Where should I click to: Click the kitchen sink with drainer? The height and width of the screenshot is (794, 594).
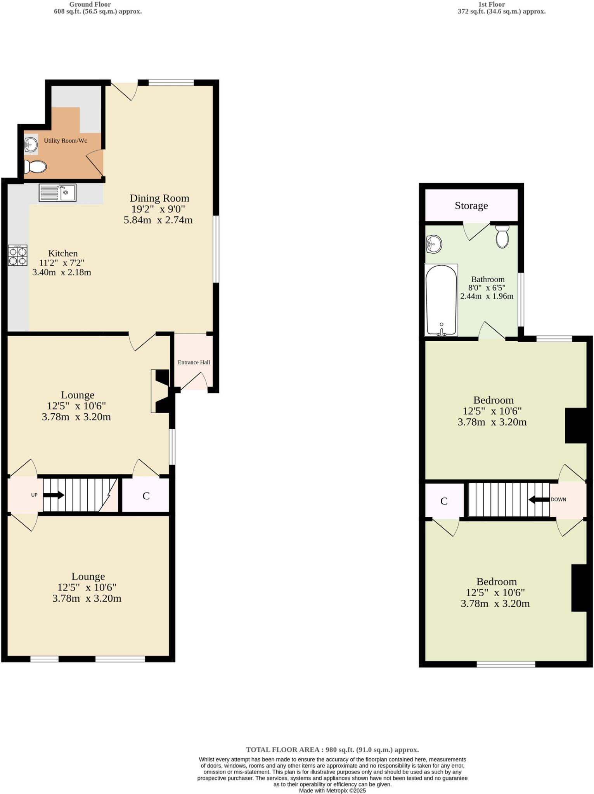(x=57, y=193)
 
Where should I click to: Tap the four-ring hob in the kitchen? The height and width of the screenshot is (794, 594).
(x=18, y=255)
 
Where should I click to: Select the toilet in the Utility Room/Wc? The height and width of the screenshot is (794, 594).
(x=35, y=167)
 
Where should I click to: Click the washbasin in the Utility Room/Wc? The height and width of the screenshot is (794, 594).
(x=31, y=145)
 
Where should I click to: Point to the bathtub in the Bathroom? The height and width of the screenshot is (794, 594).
(x=441, y=300)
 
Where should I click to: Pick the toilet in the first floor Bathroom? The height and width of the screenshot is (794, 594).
(x=502, y=237)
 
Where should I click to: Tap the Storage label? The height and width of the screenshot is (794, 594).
(x=471, y=205)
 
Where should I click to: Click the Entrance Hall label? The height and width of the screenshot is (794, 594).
(x=194, y=362)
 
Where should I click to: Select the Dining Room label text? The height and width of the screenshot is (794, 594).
(x=159, y=198)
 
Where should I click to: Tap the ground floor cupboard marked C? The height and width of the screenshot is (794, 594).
(x=146, y=496)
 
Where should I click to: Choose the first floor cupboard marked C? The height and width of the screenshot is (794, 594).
(x=444, y=501)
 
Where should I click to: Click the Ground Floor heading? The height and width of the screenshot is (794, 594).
(x=90, y=4)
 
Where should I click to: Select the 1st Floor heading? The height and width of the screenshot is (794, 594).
(x=491, y=4)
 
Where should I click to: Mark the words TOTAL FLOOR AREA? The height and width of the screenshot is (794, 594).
(x=282, y=750)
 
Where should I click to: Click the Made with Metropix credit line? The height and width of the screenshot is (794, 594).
(x=332, y=791)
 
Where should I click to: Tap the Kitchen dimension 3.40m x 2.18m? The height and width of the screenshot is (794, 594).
(x=62, y=272)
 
